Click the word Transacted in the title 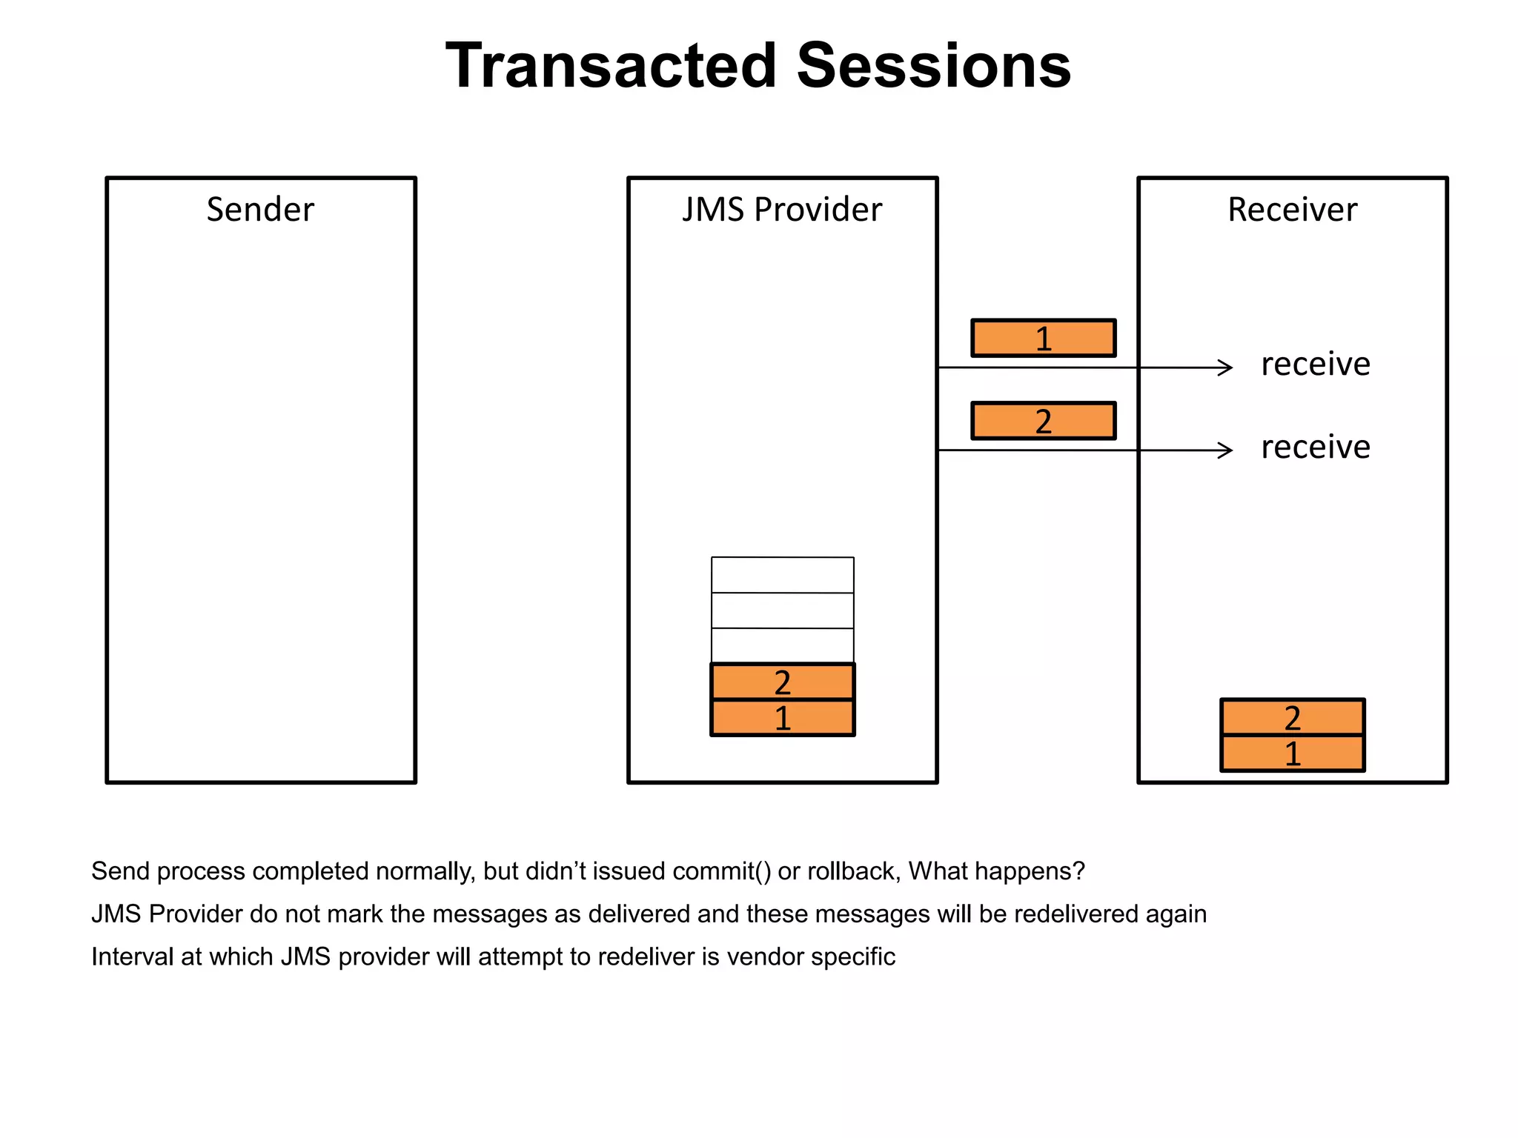[611, 67]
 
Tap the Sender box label [260, 210]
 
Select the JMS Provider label [782, 210]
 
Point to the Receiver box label [1292, 210]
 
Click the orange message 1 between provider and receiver [1043, 339]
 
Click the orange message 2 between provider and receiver [1043, 422]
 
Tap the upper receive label [1316, 365]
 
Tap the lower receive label [1316, 447]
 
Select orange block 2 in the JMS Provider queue [782, 682]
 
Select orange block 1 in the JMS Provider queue [782, 718]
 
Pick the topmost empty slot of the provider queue [782, 575]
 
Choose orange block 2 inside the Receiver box [1292, 717]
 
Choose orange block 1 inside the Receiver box [1292, 753]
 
